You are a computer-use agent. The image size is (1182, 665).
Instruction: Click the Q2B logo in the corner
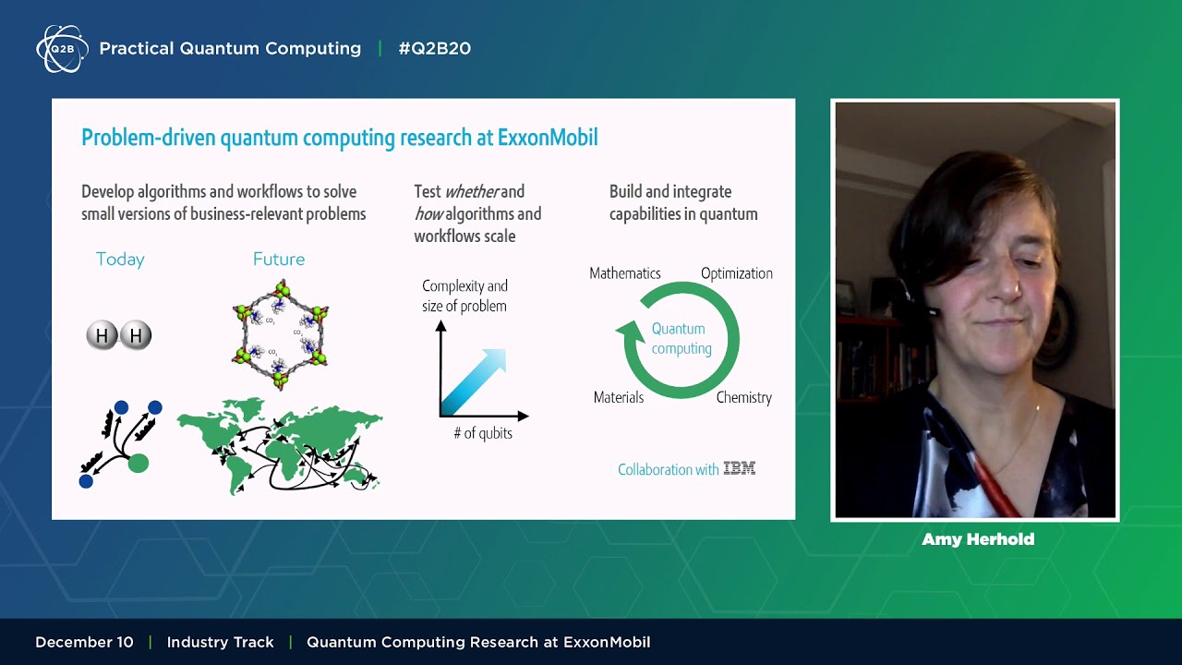click(x=62, y=49)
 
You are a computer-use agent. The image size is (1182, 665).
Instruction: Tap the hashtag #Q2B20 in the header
click(x=434, y=49)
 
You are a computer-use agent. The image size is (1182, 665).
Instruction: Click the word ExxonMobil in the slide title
click(x=548, y=138)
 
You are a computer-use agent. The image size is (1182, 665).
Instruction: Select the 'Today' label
click(x=120, y=260)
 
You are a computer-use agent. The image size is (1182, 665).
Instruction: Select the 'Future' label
click(x=279, y=260)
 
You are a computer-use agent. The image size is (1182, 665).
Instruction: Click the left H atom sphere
click(x=102, y=335)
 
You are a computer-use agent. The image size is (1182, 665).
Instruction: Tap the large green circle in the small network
click(x=138, y=463)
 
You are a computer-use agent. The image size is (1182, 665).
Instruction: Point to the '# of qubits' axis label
click(x=482, y=433)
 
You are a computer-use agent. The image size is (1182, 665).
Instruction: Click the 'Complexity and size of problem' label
click(x=464, y=296)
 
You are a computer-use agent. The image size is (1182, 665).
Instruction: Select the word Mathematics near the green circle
click(x=625, y=273)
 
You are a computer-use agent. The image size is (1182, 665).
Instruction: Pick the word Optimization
click(x=736, y=273)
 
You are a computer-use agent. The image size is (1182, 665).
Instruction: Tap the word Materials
click(x=618, y=397)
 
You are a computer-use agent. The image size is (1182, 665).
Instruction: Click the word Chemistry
click(x=743, y=397)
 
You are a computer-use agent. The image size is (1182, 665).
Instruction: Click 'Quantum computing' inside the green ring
click(x=681, y=338)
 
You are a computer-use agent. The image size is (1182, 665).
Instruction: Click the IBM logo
click(x=739, y=469)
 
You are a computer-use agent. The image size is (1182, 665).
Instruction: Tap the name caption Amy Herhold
click(x=977, y=539)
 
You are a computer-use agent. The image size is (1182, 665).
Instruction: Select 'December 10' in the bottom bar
click(x=84, y=642)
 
